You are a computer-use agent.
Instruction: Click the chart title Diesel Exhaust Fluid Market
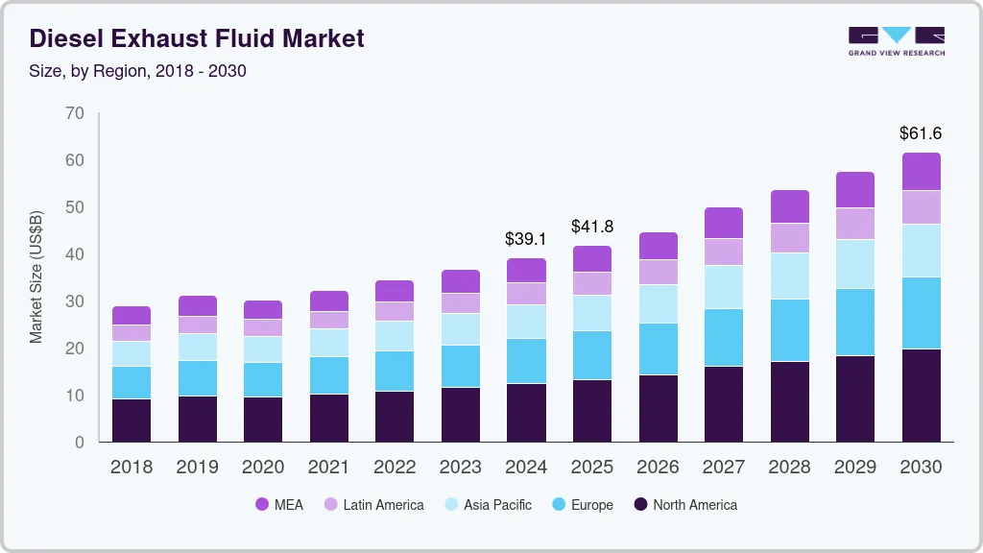pos(197,39)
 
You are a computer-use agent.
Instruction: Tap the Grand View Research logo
pos(896,41)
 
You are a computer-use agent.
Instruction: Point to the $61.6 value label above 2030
pos(922,133)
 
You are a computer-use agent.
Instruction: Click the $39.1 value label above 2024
pos(526,239)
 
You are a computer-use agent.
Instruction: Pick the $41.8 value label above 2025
pos(592,227)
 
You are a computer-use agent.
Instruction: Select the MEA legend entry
pos(279,504)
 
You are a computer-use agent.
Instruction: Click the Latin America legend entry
pos(372,504)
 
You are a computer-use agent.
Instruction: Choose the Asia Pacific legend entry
pos(486,504)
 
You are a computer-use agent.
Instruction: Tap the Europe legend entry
pos(580,504)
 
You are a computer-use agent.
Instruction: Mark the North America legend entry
pos(684,504)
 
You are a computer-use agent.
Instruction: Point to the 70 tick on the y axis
pos(75,113)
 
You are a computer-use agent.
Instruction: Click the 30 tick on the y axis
pos(75,301)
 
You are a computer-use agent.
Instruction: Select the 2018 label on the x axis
pos(132,468)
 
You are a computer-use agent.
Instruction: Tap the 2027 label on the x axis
pos(724,468)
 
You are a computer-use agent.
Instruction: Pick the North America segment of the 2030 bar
pos(922,396)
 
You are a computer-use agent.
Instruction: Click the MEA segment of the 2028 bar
pos(790,206)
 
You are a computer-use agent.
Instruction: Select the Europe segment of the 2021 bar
pos(329,375)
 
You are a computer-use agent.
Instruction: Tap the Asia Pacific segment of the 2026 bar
pos(659,304)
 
